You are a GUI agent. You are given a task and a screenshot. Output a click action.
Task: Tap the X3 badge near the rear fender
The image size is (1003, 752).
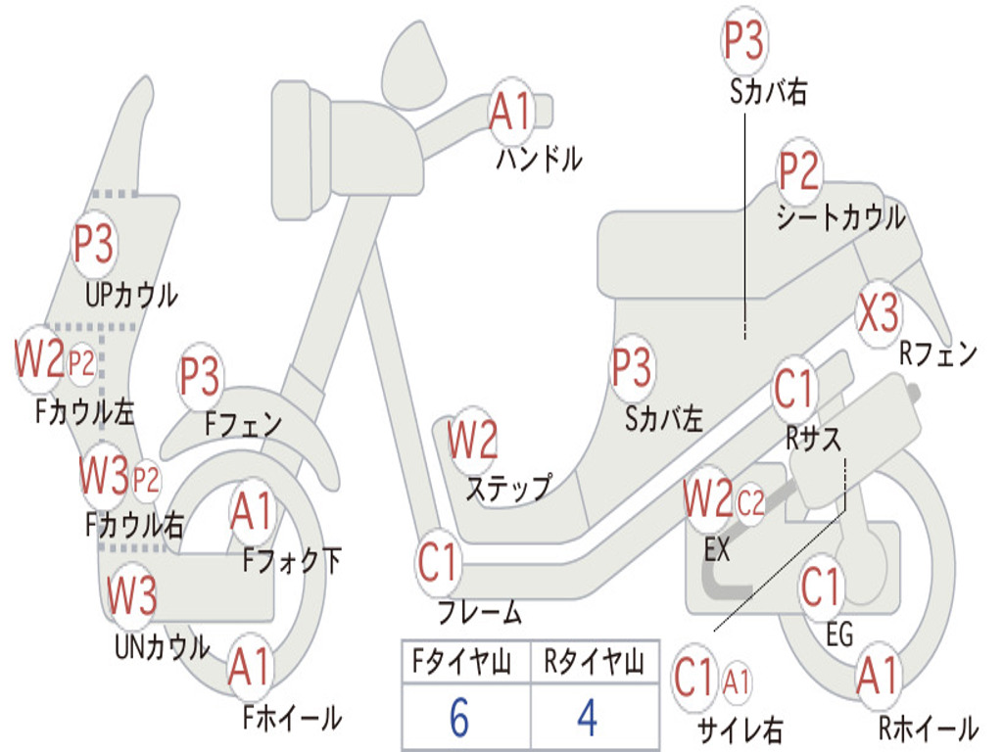(x=879, y=313)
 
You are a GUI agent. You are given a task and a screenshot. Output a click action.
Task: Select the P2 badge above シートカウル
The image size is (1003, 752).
(x=799, y=170)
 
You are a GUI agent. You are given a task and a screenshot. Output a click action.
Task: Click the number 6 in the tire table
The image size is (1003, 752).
(x=459, y=717)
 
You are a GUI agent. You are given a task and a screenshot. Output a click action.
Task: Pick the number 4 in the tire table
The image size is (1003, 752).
(x=588, y=717)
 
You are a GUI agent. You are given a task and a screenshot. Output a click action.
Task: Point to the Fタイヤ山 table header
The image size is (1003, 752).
(x=462, y=661)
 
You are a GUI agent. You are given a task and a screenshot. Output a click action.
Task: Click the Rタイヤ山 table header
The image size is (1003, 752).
(x=594, y=661)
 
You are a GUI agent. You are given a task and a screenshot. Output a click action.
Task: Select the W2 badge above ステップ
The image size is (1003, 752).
(x=472, y=440)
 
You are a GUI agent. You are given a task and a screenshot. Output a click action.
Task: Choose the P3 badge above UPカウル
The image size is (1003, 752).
(x=94, y=244)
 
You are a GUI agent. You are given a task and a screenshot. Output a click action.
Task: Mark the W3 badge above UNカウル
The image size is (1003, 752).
(x=131, y=594)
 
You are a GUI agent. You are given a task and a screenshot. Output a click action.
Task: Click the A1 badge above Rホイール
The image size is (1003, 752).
(x=878, y=676)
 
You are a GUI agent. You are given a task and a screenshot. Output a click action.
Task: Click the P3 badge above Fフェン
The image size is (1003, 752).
(x=200, y=376)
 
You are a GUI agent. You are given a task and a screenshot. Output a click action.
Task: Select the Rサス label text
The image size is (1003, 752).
(x=813, y=440)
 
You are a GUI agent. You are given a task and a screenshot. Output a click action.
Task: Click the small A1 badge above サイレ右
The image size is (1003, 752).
(x=737, y=682)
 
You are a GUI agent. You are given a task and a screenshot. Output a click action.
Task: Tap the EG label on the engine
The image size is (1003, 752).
(x=839, y=634)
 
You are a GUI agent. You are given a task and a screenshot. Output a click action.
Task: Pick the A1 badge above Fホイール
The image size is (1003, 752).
(x=250, y=667)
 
